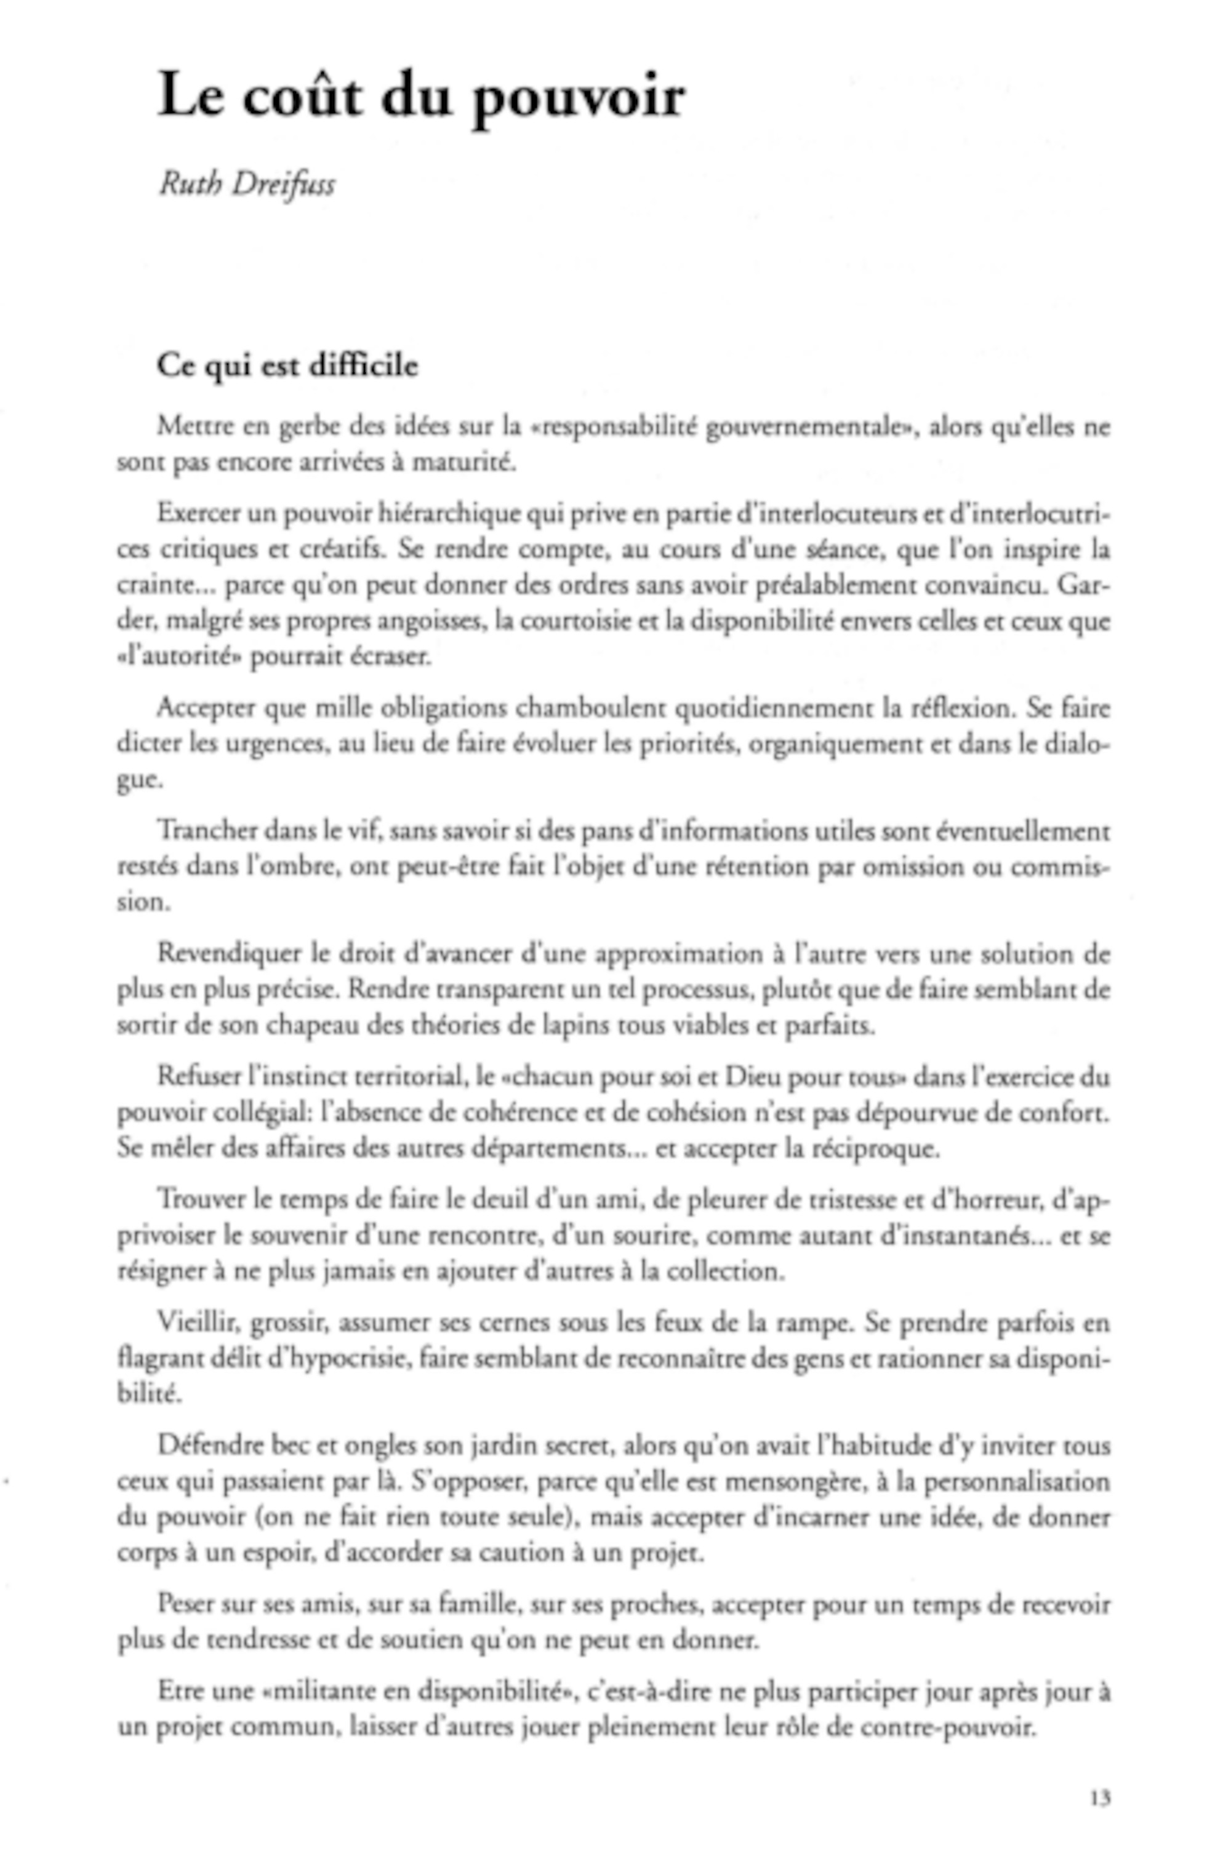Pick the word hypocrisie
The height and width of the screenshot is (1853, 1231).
tap(340, 1360)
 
